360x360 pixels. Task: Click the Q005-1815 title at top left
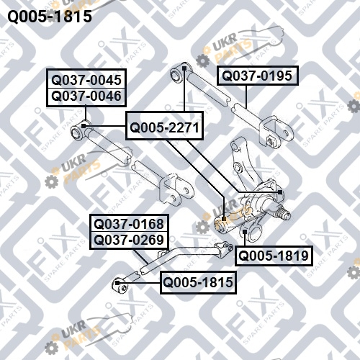pyautogui.click(x=50, y=17)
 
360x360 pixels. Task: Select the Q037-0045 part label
pyautogui.click(x=86, y=80)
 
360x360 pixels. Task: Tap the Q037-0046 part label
pyautogui.click(x=86, y=96)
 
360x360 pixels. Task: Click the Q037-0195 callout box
pyautogui.click(x=258, y=76)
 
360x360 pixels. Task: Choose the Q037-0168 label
pyautogui.click(x=129, y=224)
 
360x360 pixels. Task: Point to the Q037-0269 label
pyautogui.click(x=129, y=240)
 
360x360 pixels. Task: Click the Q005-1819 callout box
pyautogui.click(x=274, y=256)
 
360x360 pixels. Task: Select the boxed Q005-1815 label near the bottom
pyautogui.click(x=198, y=282)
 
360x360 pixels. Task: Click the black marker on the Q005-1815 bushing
pyautogui.click(x=117, y=283)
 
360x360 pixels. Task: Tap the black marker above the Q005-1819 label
pyautogui.click(x=245, y=232)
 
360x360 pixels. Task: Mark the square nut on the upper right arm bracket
pyautogui.click(x=271, y=141)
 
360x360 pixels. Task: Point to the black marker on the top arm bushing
pyautogui.click(x=184, y=68)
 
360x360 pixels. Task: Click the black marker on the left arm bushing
pyautogui.click(x=84, y=126)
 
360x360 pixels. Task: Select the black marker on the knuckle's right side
pyautogui.click(x=280, y=192)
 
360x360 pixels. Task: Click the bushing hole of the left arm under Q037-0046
pyautogui.click(x=77, y=133)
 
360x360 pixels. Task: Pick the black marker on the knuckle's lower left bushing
pyautogui.click(x=224, y=219)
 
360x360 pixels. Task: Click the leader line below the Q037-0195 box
pyautogui.click(x=246, y=97)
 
